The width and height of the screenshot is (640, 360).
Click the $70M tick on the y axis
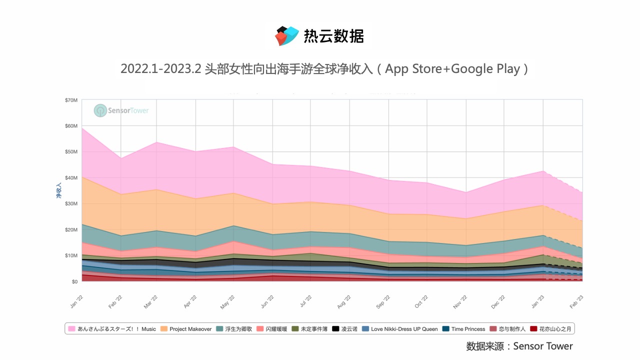[71, 100]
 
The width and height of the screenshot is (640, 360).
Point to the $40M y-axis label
[71, 177]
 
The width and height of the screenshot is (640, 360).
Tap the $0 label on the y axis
[74, 281]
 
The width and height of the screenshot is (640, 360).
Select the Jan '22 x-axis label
[76, 301]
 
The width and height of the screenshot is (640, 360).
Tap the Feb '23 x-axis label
[578, 301]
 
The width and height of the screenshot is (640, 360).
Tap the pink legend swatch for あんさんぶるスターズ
[72, 329]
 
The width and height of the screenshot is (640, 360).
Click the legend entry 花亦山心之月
[555, 329]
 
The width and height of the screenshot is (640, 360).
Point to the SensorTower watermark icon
[100, 110]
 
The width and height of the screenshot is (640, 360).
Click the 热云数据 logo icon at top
[287, 36]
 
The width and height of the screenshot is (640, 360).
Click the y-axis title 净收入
[58, 191]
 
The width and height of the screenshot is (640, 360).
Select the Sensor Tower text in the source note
[543, 346]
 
